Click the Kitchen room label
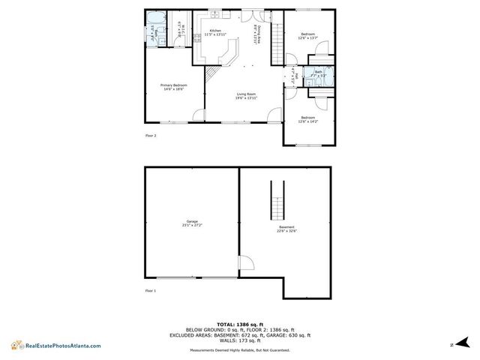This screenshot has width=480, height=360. point(216,32)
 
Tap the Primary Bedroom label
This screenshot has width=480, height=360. point(173,87)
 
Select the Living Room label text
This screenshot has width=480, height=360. point(247,96)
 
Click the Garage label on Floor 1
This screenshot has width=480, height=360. point(192,223)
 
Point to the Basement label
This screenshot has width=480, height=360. point(286,229)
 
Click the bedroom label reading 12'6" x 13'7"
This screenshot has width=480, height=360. point(308,35)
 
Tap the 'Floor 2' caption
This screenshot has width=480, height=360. point(150,136)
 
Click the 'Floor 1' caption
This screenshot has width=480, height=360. point(150,289)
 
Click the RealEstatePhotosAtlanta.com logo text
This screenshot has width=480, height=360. point(63,346)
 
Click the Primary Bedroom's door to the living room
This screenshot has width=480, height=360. point(199,115)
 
